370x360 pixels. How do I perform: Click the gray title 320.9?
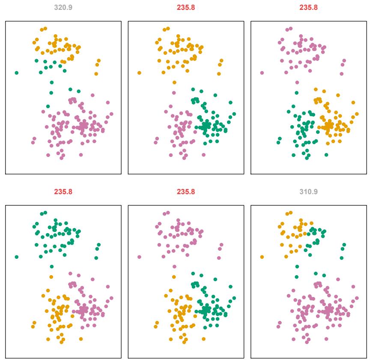point(63,8)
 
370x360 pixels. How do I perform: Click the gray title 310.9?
point(309,192)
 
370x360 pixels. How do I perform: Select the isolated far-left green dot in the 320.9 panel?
point(17,73)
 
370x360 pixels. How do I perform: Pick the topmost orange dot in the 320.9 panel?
point(45,29)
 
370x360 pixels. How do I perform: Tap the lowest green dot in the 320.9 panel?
point(48,106)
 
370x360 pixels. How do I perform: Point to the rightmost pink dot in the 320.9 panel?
point(111,114)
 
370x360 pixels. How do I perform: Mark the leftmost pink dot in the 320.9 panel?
point(33,142)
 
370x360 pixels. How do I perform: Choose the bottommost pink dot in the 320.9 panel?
point(61,158)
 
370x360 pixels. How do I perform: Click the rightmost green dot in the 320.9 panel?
point(78,91)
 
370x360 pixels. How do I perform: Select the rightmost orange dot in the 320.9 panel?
point(99,61)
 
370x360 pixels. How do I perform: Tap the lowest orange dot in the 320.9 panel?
point(96,74)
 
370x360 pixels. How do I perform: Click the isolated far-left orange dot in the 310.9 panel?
point(262,257)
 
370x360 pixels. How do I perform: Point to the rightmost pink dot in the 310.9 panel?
point(356,298)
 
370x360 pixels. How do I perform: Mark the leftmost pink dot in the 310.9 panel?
point(278,327)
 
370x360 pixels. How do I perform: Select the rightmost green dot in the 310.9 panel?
point(344,245)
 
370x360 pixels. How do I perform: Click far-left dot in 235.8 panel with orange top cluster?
point(139,73)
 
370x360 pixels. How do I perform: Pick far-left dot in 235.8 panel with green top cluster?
point(17,257)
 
